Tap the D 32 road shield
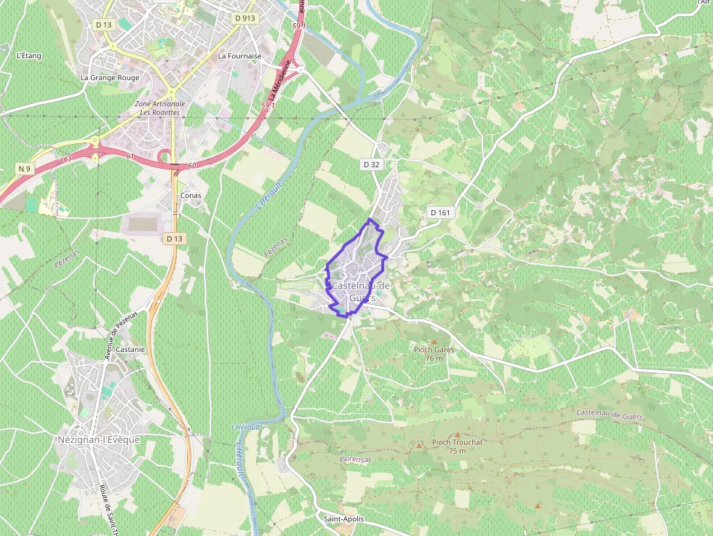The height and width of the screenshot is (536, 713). (371, 165)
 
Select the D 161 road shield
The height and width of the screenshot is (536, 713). (440, 212)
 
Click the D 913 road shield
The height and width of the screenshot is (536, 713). (244, 17)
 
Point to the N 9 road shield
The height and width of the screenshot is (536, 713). (25, 169)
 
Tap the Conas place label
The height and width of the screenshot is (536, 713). (191, 195)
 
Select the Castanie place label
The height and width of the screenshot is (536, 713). (130, 349)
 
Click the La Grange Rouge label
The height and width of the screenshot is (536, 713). (110, 77)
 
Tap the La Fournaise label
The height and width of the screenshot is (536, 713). (239, 55)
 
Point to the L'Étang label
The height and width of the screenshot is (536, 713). (28, 55)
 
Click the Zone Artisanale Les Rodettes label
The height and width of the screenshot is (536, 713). (160, 108)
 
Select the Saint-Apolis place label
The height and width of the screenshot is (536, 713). (343, 519)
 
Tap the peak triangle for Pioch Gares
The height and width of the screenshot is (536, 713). (434, 341)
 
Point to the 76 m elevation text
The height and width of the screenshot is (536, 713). (434, 358)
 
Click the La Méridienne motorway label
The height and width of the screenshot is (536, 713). (279, 81)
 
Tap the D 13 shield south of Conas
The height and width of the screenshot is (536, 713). (173, 239)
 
